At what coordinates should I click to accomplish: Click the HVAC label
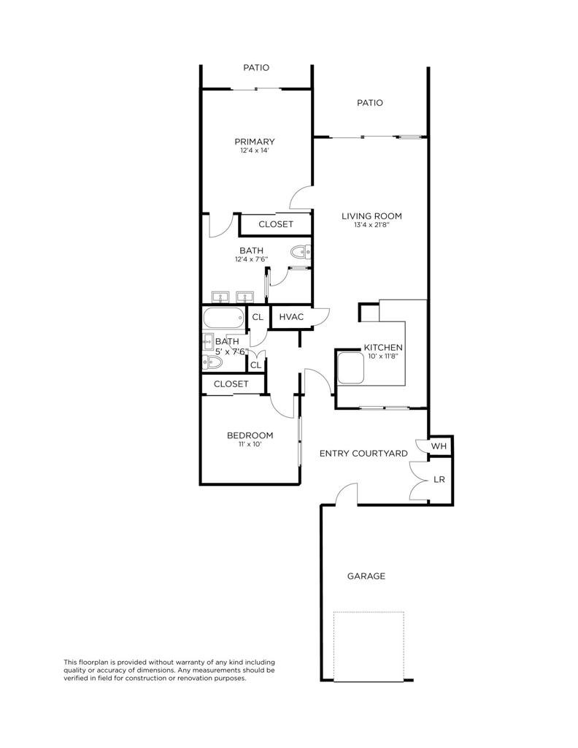291,317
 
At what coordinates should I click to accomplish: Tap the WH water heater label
439,446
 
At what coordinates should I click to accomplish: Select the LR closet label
439,480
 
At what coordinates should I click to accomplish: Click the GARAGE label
366,576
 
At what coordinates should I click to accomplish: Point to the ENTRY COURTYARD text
363,454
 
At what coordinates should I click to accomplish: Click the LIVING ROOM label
372,216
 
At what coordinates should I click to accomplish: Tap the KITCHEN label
383,348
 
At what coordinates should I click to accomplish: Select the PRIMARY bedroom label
255,142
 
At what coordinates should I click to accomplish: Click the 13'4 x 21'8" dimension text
372,226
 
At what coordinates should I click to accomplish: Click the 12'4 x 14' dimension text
255,151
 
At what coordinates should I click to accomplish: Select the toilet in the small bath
214,362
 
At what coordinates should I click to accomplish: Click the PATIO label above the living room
370,103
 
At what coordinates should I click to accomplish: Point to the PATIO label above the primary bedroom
256,68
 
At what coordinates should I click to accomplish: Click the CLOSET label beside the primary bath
276,224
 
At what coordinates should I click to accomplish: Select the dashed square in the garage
369,646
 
